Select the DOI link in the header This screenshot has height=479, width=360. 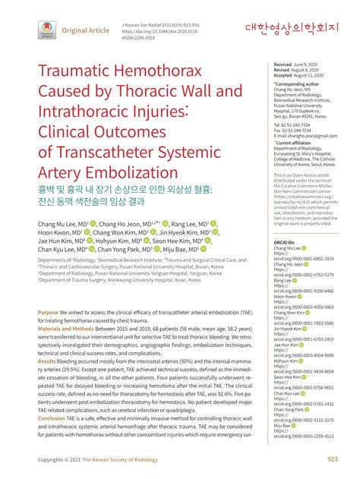[x=156, y=30]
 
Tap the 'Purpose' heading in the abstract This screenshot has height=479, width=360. [x=48, y=334]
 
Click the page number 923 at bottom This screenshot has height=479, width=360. [x=333, y=459]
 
